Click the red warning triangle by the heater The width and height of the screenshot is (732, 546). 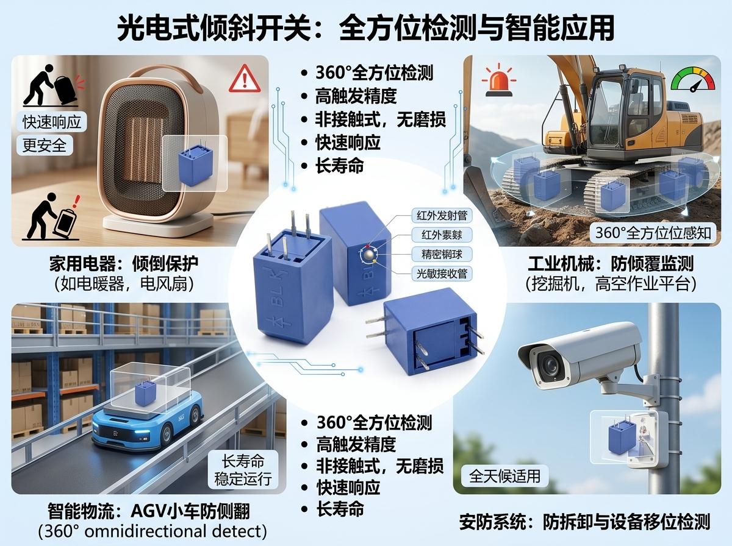coord(245,79)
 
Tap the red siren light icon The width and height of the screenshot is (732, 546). coord(498,80)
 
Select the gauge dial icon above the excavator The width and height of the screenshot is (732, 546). coord(693,80)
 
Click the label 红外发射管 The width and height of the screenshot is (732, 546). coord(442,216)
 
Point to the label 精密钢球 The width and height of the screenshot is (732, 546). coord(442,255)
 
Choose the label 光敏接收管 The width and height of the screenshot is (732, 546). coord(442,274)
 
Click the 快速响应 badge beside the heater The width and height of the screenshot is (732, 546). coord(52,122)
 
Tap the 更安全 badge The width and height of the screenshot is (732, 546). coord(45,145)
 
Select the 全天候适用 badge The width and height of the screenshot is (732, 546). coord(504,476)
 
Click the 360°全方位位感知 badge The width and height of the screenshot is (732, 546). coord(653,233)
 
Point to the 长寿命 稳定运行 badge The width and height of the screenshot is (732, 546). coord(243,470)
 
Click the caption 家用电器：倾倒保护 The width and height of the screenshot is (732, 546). coord(124,264)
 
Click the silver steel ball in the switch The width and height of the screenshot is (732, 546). coord(368,255)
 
